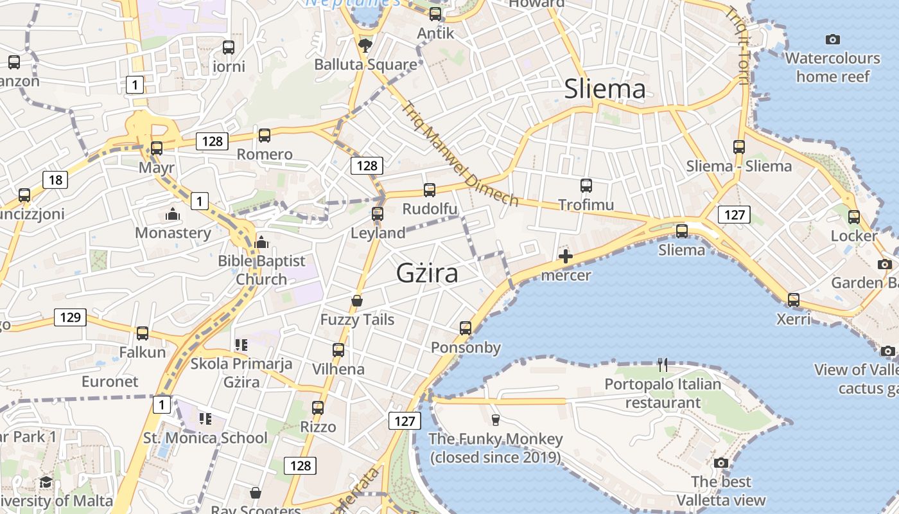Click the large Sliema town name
click(x=604, y=89)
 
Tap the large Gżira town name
click(x=427, y=274)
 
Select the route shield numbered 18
click(x=55, y=179)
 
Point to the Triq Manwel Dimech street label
click(x=460, y=154)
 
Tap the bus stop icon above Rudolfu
click(x=430, y=190)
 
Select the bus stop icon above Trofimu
click(x=586, y=186)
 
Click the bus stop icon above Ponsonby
click(x=466, y=328)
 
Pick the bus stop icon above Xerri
click(x=794, y=299)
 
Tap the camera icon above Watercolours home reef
click(x=833, y=40)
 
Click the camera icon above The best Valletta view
click(x=721, y=463)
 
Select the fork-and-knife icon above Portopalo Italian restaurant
click(x=663, y=365)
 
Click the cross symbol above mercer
click(x=566, y=257)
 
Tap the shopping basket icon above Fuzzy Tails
click(x=357, y=301)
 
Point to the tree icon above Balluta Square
click(x=365, y=45)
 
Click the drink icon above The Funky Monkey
click(x=495, y=420)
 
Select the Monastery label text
click(x=173, y=233)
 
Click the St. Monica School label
click(x=205, y=438)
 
